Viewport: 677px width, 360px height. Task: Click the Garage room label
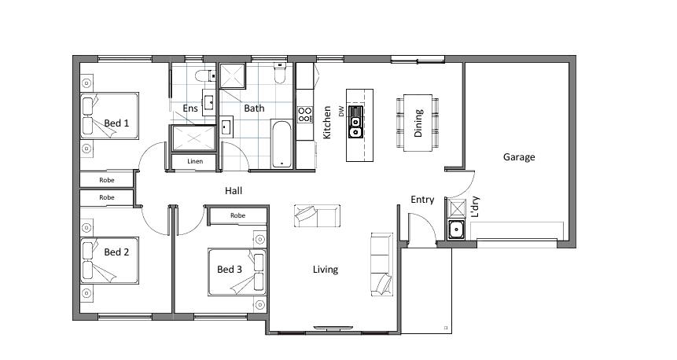pos(519,157)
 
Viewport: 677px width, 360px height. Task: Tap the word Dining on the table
pos(418,123)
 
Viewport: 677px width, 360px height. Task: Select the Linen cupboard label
pos(195,161)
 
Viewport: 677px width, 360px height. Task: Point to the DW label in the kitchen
pos(341,112)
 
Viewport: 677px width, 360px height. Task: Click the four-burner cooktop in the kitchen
pos(305,115)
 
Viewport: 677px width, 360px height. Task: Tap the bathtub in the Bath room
pos(282,145)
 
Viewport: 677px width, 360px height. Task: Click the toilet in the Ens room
pos(205,76)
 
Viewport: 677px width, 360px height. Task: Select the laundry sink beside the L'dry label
pos(455,230)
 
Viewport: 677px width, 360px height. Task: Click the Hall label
pos(234,191)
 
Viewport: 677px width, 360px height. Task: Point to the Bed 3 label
pos(230,270)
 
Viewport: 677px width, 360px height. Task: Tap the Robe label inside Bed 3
pos(237,215)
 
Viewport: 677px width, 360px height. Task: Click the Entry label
pos(422,200)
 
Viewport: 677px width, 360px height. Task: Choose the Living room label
pos(325,270)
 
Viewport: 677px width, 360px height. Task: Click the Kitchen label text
pos(327,123)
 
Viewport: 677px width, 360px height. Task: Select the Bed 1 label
pos(116,123)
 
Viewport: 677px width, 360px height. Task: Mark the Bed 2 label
pos(116,252)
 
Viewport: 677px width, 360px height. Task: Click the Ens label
pos(190,108)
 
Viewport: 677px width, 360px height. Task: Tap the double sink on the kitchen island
pos(355,122)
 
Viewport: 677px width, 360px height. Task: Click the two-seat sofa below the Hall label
pos(318,216)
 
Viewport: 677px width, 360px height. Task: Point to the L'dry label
pos(475,206)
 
